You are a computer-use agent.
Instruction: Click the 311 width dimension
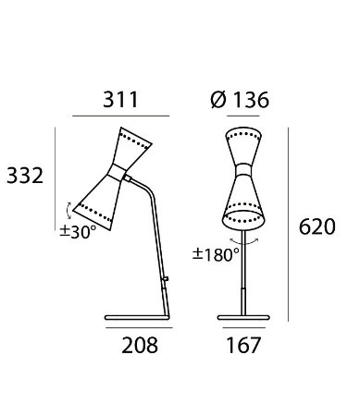pos(120,100)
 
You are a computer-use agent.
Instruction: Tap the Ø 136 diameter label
pos(240,100)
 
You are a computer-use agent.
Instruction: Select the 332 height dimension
pos(25,176)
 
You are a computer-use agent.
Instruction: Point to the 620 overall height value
pos(317,226)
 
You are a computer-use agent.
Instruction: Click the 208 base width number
pos(140,345)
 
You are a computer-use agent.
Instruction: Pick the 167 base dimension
pos(243,345)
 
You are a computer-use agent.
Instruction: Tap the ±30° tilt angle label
pos(78,232)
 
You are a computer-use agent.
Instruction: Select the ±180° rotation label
pos(216,254)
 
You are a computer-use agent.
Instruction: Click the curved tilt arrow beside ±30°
pos(68,211)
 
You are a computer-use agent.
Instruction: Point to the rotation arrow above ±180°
pos(244,243)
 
